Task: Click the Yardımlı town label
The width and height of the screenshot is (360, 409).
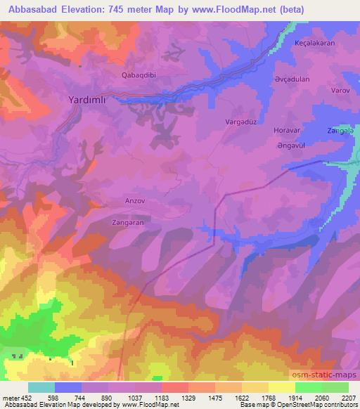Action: click(x=87, y=100)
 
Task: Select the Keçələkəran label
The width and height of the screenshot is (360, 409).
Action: click(x=314, y=42)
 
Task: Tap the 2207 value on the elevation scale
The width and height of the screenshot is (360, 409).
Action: click(x=348, y=398)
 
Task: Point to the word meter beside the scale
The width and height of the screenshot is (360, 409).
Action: click(x=9, y=398)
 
